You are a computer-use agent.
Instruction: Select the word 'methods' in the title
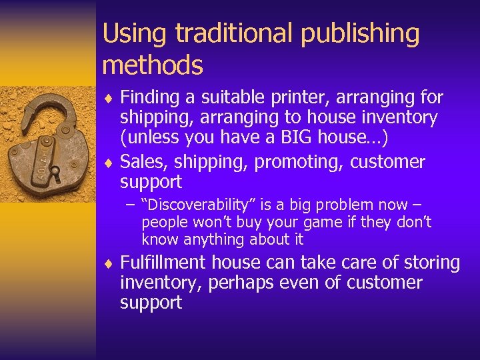pos(153,65)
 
